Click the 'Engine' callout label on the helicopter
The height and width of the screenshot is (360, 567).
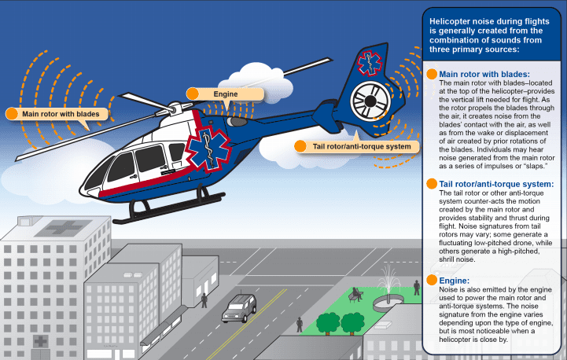[x=226, y=94]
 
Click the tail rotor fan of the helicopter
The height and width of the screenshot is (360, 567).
[x=370, y=101]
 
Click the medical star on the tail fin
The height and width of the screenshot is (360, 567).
[x=370, y=63]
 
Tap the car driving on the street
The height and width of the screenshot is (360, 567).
[x=239, y=308]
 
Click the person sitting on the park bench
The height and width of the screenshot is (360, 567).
[x=357, y=294]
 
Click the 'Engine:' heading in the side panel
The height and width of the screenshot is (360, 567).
[x=455, y=281]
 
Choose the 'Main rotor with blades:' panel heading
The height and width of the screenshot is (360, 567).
[x=484, y=74]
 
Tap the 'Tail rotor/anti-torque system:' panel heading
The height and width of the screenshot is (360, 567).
[x=496, y=184]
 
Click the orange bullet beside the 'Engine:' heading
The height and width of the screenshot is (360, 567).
[x=432, y=280]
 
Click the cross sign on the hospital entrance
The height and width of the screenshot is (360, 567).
[x=41, y=341]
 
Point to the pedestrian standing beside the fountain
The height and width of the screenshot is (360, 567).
[x=417, y=288]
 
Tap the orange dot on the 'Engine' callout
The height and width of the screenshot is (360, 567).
[x=193, y=94]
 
